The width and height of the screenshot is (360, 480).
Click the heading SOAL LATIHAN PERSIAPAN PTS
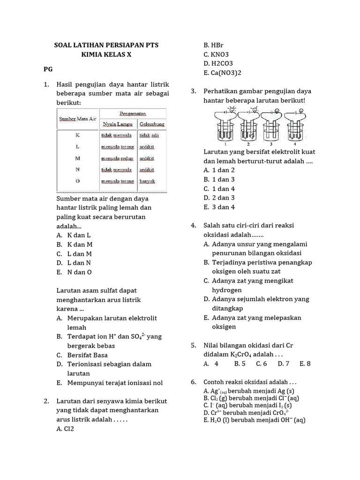pos(106,45)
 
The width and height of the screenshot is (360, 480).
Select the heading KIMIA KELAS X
pos(106,54)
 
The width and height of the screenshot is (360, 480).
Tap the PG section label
pos(48,69)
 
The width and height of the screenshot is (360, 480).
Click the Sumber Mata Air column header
pos(77,119)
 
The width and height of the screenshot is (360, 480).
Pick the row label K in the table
pos(77,135)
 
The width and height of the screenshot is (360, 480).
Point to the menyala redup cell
pos(117,158)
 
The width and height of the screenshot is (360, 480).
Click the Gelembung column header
pos(151,125)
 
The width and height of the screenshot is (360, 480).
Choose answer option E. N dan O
pos(74,272)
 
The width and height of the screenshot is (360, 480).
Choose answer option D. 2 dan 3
pos(219,198)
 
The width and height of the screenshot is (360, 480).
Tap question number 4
pos(193,225)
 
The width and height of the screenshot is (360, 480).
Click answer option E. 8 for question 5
pos(305,363)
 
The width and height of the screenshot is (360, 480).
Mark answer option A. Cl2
pos(65,428)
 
